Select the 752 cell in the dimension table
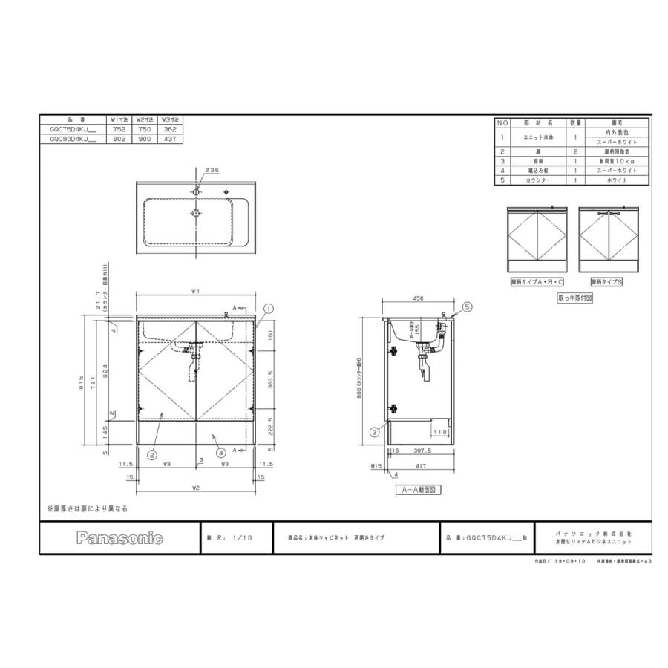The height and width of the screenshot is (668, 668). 119,128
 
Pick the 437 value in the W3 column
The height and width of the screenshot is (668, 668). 171,138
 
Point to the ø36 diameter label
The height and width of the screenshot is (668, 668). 212,170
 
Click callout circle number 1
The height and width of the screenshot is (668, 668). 268,307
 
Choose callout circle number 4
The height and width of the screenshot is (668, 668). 220,452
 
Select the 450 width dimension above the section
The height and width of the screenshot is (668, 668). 417,298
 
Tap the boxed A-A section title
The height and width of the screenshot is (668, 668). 419,490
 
